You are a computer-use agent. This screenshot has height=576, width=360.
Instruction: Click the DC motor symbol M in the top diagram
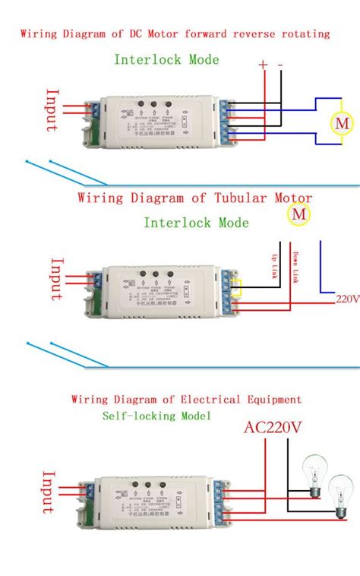(342, 122)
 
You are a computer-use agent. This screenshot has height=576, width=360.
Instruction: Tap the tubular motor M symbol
(298, 215)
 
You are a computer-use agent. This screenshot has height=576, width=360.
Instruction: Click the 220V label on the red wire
(347, 299)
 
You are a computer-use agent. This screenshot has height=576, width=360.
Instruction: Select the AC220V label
(273, 428)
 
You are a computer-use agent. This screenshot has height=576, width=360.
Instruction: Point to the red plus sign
(264, 65)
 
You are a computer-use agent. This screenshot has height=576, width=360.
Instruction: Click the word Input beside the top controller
(52, 111)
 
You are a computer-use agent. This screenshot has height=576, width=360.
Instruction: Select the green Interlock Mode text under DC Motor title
(166, 59)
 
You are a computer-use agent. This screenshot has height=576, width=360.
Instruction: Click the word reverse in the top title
(249, 34)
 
